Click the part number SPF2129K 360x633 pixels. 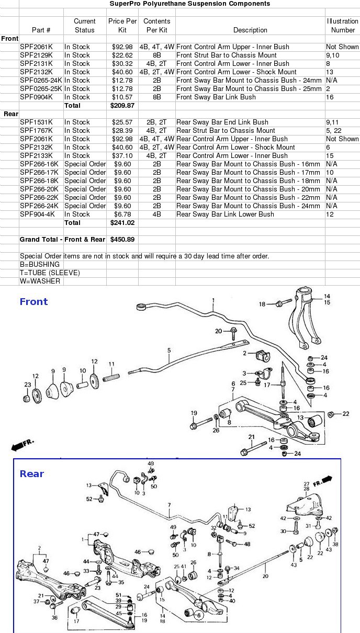[36, 55]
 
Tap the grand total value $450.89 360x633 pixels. [122, 240]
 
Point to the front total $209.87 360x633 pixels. [122, 105]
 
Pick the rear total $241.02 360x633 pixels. [122, 222]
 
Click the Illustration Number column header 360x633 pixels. [343, 26]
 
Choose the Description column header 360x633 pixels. [250, 30]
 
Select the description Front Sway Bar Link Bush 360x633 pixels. [216, 97]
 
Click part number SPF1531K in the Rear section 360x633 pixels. [36, 122]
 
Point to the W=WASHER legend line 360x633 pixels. [40, 281]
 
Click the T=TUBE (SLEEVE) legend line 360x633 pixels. [50, 273]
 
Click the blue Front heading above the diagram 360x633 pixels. [33, 301]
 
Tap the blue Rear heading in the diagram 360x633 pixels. [32, 474]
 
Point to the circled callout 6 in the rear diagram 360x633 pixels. [198, 616]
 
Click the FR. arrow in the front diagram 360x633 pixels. [21, 445]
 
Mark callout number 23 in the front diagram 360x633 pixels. [27, 385]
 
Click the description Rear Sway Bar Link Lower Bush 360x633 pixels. [226, 214]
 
